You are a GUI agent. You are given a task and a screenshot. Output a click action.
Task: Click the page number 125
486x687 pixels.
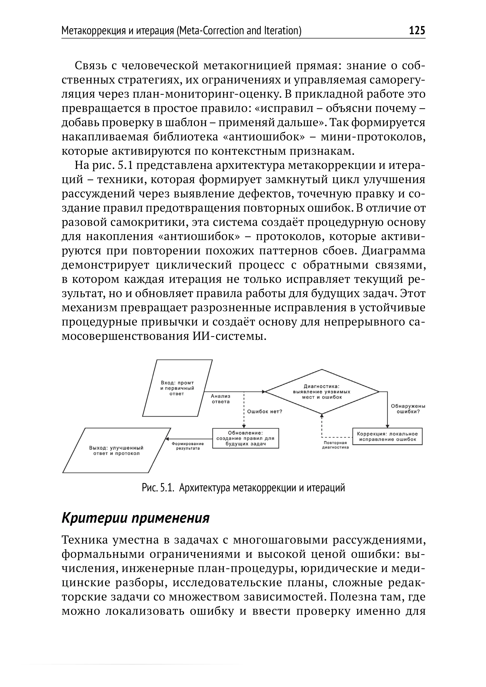click(x=417, y=31)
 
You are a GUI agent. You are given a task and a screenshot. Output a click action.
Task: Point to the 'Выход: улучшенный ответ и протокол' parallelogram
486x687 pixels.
click(x=116, y=450)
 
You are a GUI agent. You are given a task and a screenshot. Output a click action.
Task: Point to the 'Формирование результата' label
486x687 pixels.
click(x=188, y=446)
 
